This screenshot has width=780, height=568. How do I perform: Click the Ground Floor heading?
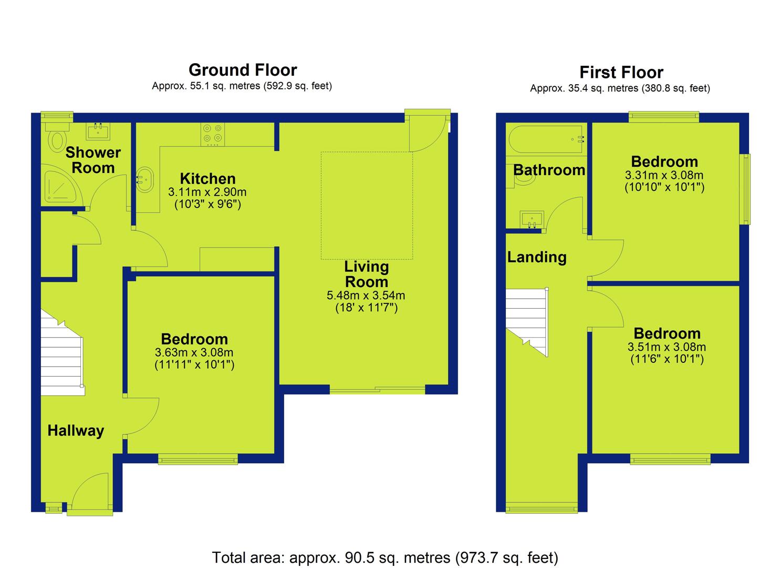[x=243, y=70]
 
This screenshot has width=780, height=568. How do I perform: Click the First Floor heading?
[x=621, y=73]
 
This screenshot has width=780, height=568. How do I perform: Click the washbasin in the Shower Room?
[x=98, y=131]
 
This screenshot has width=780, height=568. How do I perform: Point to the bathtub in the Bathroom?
[x=545, y=139]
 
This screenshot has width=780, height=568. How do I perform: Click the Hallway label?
[x=76, y=431]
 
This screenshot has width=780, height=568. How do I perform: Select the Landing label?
[x=537, y=257]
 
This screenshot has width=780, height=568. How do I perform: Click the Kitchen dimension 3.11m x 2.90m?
[x=207, y=192]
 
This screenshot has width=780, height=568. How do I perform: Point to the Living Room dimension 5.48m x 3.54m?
[x=366, y=296]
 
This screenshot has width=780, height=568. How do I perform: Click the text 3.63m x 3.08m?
[x=194, y=352]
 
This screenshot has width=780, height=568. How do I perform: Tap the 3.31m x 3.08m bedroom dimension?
[x=664, y=175]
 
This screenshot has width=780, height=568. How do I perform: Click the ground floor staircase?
[x=63, y=353]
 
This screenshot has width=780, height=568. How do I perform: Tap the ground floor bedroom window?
[x=198, y=459]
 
